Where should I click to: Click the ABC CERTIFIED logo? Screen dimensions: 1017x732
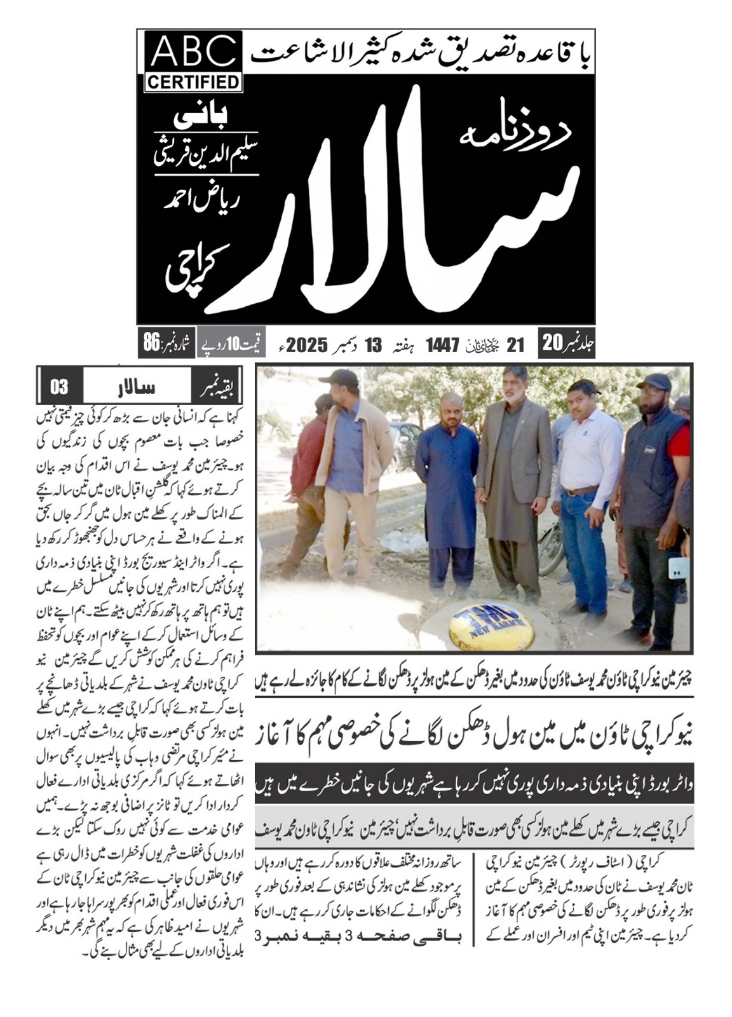[194, 62]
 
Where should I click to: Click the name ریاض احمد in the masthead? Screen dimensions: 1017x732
[197, 201]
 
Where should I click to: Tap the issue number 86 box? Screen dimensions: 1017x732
[165, 343]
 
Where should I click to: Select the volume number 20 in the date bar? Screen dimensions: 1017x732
[550, 344]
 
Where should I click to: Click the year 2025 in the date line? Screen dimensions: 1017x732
[307, 345]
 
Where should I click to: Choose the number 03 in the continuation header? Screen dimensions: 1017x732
[58, 386]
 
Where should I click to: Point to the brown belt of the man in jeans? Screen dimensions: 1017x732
[579, 490]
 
